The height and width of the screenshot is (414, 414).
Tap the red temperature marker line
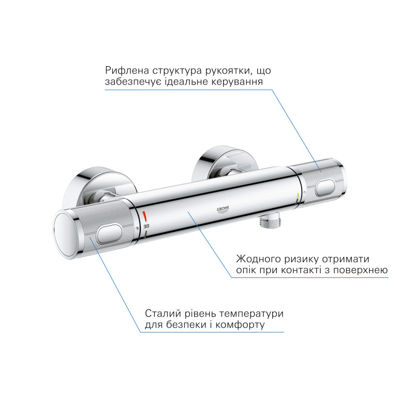[x=145, y=215]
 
